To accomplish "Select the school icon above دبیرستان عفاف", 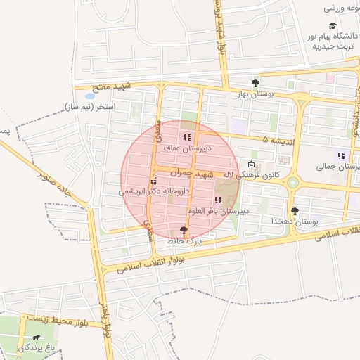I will (186, 138).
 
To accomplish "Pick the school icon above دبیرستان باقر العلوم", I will (217, 200).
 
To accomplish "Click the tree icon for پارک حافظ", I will (184, 230).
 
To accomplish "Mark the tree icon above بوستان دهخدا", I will (295, 210).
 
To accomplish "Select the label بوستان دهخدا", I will (295, 221).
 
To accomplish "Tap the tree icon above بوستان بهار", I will (255, 82).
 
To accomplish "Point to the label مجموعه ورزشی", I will (342, 8).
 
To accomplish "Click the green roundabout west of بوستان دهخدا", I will (292, 182).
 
